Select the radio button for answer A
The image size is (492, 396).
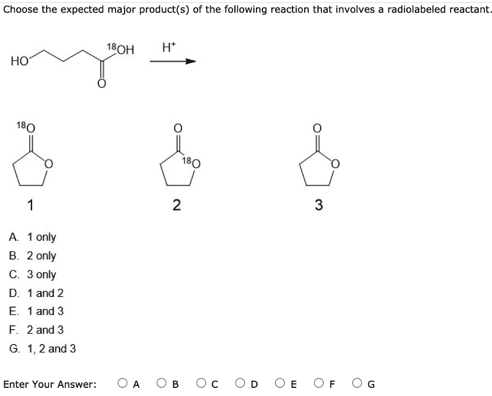pyautogui.click(x=123, y=383)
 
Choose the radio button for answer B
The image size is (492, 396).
pyautogui.click(x=161, y=383)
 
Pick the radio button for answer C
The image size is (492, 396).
pyautogui.click(x=201, y=383)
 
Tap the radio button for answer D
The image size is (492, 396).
pyautogui.click(x=240, y=383)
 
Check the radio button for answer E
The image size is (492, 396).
pyautogui.click(x=280, y=383)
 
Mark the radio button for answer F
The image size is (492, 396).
pyautogui.click(x=319, y=383)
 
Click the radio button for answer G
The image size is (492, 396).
pyautogui.click(x=357, y=383)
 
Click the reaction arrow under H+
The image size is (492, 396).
pyautogui.click(x=173, y=61)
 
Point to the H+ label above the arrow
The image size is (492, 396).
pyautogui.click(x=169, y=48)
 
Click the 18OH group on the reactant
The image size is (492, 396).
pyautogui.click(x=121, y=49)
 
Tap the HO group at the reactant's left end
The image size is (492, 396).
pyautogui.click(x=19, y=61)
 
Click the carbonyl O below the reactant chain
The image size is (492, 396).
pyautogui.click(x=101, y=84)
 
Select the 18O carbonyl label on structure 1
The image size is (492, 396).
pyautogui.click(x=26, y=127)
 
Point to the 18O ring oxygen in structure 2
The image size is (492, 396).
pyautogui.click(x=191, y=162)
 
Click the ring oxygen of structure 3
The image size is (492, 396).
pyautogui.click(x=335, y=164)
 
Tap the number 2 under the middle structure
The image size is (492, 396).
pyautogui.click(x=177, y=205)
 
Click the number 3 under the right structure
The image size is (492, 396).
pyautogui.click(x=319, y=205)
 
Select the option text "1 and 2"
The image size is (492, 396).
pyautogui.click(x=45, y=293)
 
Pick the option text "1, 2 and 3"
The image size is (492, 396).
pyautogui.click(x=51, y=348)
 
